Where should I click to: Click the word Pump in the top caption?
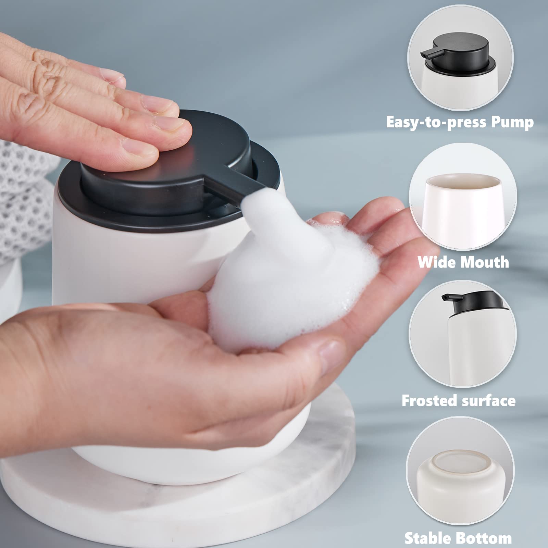(x=512, y=122)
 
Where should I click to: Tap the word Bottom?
(x=485, y=538)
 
